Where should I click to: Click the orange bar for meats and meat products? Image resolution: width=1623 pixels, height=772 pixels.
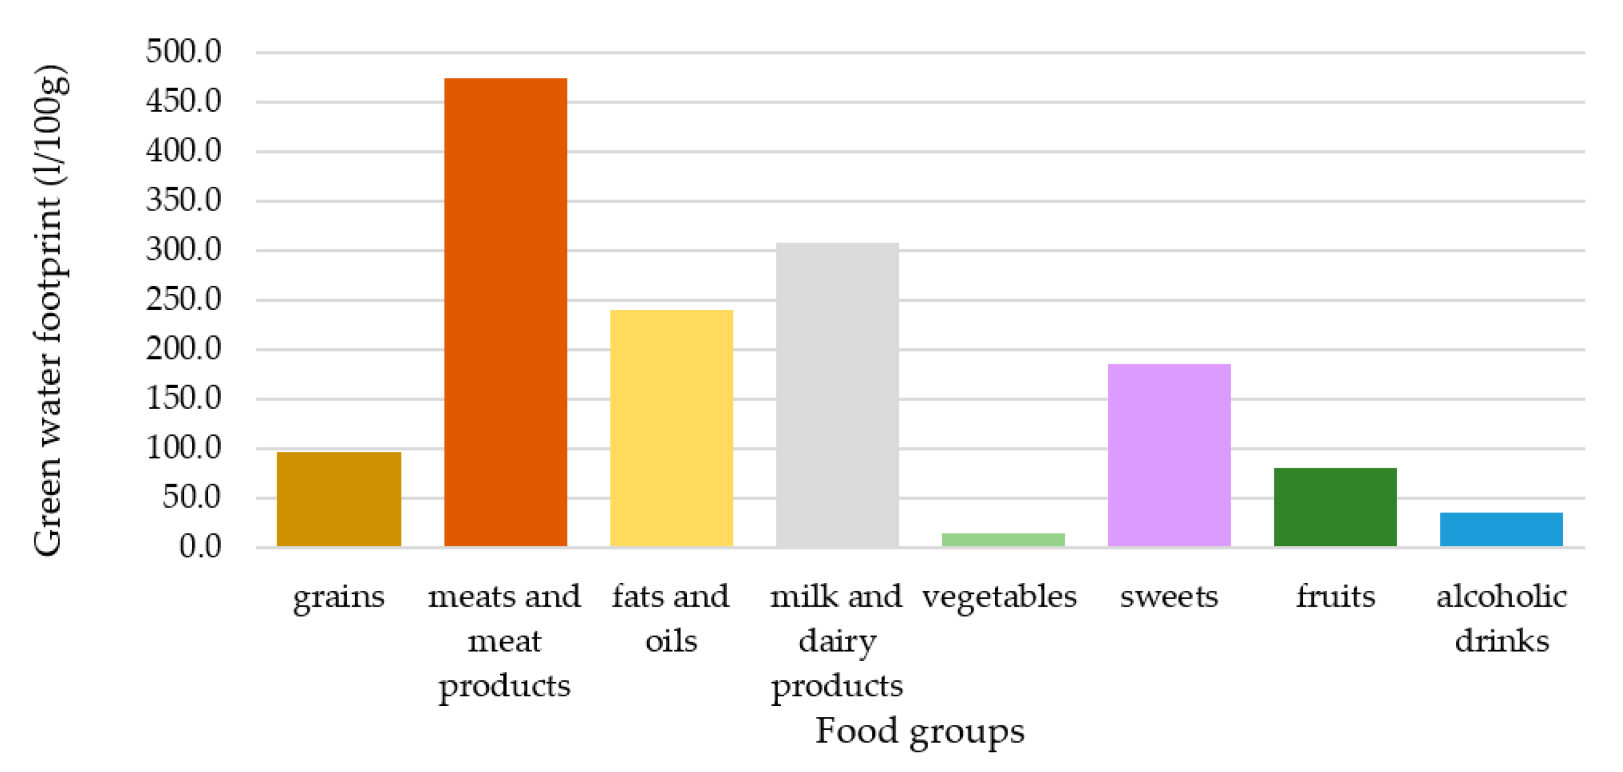505,312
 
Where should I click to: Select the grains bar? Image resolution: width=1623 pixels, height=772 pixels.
339,498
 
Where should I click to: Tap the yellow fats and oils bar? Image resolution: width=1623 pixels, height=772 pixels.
671,428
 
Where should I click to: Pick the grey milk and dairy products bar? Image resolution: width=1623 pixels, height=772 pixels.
837,394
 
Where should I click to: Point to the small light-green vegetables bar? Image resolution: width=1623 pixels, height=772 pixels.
1003,539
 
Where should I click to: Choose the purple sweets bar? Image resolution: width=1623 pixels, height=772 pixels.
1169,455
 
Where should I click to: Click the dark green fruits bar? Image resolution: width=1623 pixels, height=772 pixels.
1335,507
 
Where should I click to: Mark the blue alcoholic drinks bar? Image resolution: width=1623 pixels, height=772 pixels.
1501,530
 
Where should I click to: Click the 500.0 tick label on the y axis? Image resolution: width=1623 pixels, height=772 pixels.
183,51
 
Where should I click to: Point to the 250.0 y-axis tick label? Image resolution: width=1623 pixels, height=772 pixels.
183,299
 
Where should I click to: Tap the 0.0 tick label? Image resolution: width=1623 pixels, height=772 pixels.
200,546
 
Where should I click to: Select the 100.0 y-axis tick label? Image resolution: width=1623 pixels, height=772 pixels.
183,448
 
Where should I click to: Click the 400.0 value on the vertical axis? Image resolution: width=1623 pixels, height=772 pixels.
183,151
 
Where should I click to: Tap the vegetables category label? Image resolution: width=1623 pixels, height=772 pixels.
1000,596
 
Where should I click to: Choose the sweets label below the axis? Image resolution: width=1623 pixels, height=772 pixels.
1169,596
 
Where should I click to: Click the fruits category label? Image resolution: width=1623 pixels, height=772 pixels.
1335,596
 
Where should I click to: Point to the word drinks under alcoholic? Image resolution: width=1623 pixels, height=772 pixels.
1501,641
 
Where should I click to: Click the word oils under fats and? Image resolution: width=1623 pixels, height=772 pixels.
671,641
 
